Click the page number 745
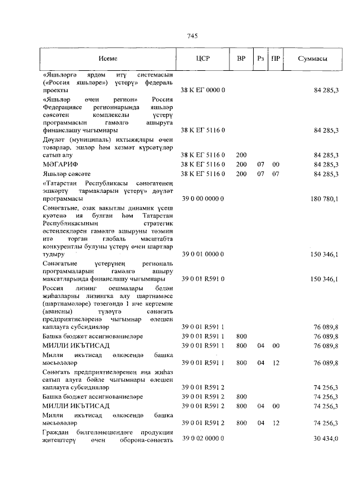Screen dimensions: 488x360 tap(191, 36)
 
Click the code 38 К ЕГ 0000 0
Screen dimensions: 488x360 tap(202, 90)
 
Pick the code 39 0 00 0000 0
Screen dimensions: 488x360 tap(202, 199)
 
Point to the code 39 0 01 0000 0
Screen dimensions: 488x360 tap(202, 254)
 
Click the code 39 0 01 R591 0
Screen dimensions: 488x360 tap(202, 279)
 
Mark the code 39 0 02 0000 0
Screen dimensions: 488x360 tap(202, 438)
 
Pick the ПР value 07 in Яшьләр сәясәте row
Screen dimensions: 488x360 tap(276, 174)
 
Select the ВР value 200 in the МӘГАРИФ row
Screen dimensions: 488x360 tap(241, 164)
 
